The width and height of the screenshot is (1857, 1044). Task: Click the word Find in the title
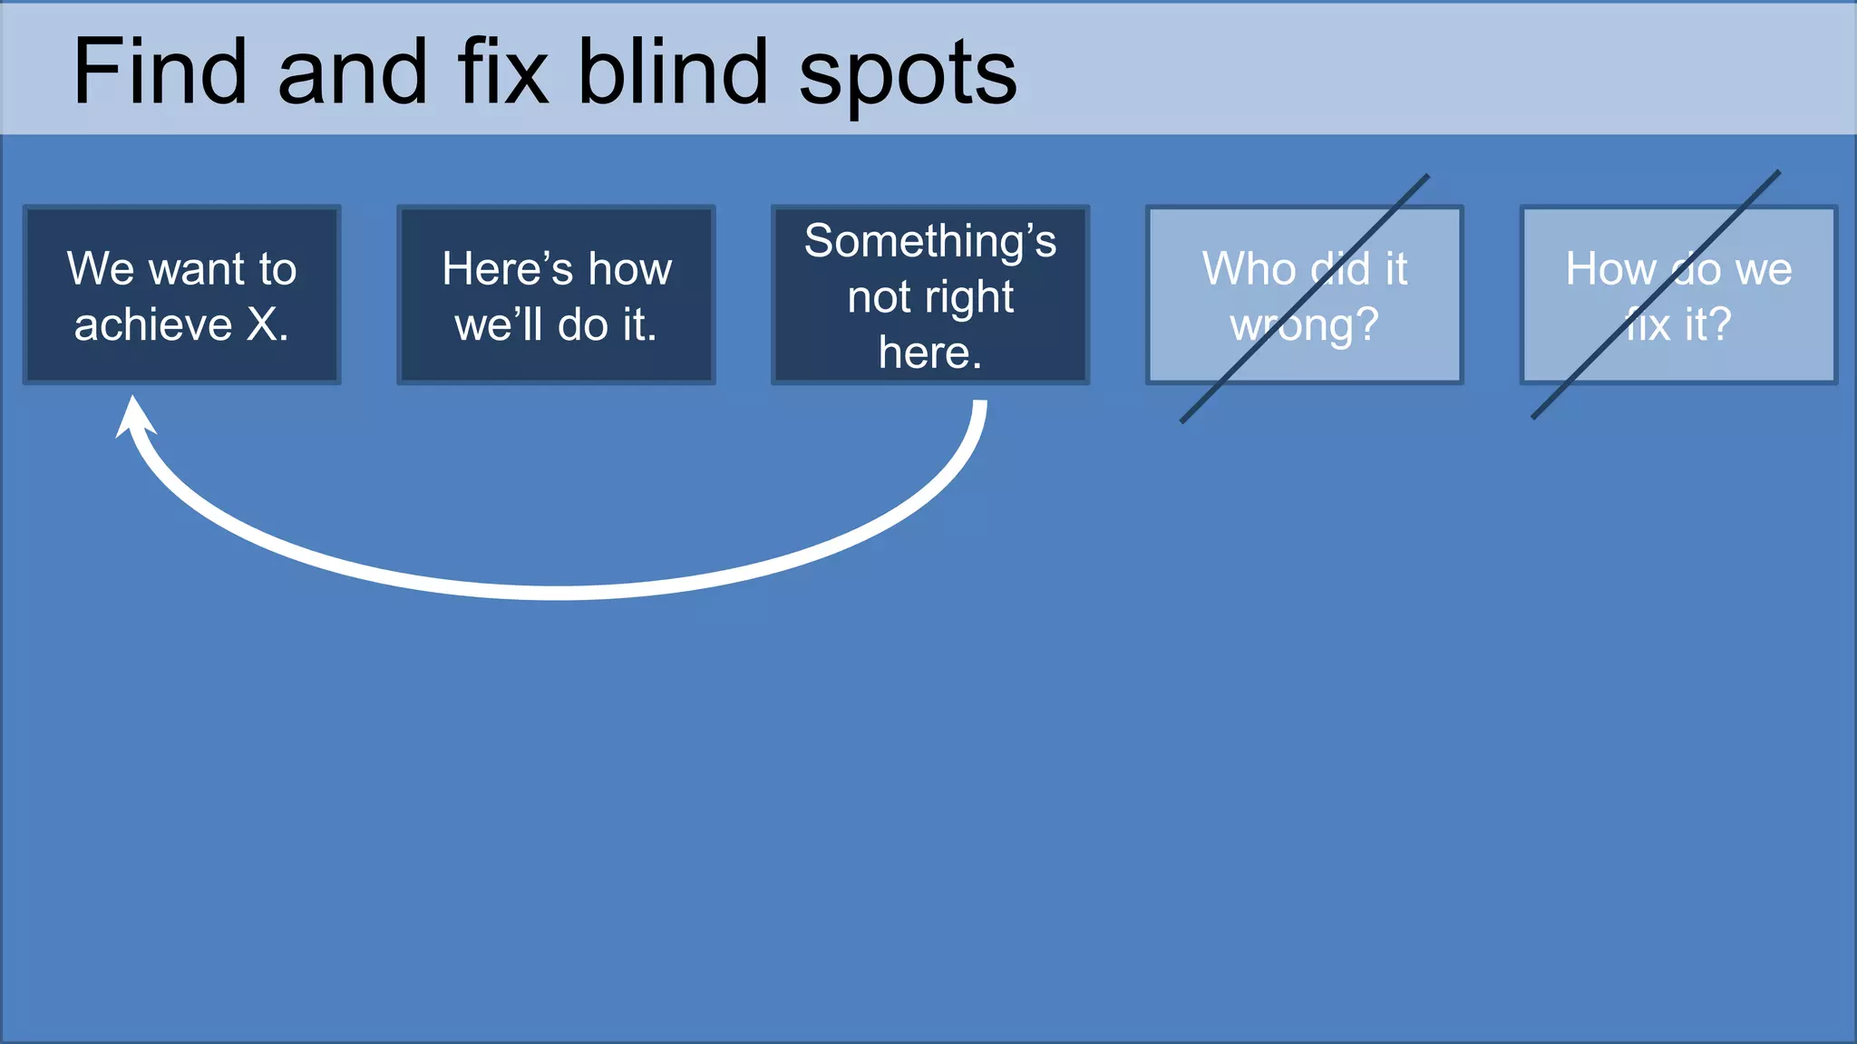point(160,72)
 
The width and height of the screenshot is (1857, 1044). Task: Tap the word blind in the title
point(673,72)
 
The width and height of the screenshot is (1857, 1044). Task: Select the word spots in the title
point(908,77)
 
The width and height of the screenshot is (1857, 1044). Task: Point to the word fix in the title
point(503,72)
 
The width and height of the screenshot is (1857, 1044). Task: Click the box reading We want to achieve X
point(182,295)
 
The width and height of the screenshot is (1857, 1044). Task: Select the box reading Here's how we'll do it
point(556,295)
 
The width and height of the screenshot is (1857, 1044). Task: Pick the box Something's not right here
point(930,295)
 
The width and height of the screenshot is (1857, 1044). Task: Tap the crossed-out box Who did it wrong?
point(1304,295)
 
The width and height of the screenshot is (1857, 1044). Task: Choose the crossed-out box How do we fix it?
point(1678,295)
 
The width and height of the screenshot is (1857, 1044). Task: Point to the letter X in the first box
point(263,324)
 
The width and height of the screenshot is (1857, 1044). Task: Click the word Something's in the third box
point(930,241)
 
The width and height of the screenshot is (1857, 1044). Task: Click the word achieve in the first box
point(153,324)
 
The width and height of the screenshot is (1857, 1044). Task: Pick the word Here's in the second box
point(508,269)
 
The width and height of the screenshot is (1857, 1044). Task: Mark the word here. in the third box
point(930,353)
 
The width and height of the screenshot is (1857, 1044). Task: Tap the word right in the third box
point(968,298)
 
